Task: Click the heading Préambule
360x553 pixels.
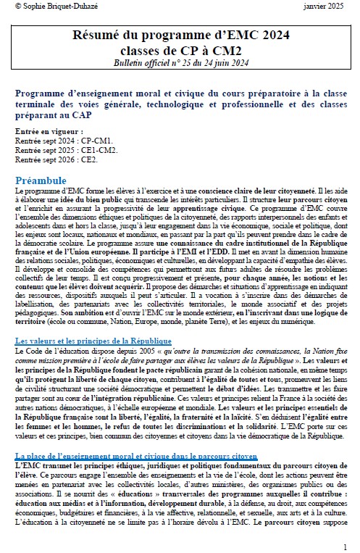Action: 44,180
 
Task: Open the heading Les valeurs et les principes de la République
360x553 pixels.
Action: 93,341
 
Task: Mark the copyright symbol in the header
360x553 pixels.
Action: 17,7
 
